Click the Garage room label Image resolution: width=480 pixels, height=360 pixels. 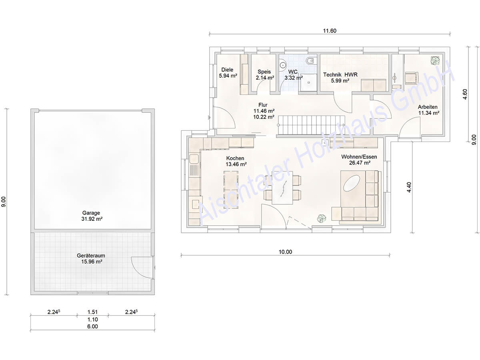tap(91, 213)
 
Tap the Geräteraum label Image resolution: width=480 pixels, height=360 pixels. tap(91, 256)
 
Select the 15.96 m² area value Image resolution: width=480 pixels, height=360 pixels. tap(92, 262)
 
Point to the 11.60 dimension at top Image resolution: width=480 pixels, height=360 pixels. tap(330, 31)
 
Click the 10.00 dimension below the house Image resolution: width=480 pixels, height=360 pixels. tap(285, 252)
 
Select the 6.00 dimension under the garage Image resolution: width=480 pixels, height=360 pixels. tap(92, 326)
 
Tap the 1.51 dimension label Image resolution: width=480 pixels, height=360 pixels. tap(92, 312)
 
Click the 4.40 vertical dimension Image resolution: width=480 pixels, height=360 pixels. tap(409, 187)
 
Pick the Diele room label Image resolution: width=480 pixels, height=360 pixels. tap(227, 70)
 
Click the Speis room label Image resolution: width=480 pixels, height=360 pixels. tap(264, 72)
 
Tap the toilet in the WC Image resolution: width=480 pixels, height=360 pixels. tap(311, 61)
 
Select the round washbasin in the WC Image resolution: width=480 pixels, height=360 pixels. tap(283, 65)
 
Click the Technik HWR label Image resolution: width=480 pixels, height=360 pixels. tap(340, 74)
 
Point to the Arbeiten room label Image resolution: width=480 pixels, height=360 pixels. tap(428, 107)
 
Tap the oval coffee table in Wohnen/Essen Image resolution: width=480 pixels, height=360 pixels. tap(352, 183)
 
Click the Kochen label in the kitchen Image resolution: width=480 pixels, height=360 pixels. tap(235, 158)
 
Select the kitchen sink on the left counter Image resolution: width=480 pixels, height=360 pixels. tap(194, 159)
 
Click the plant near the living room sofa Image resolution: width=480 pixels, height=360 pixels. tap(322, 218)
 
